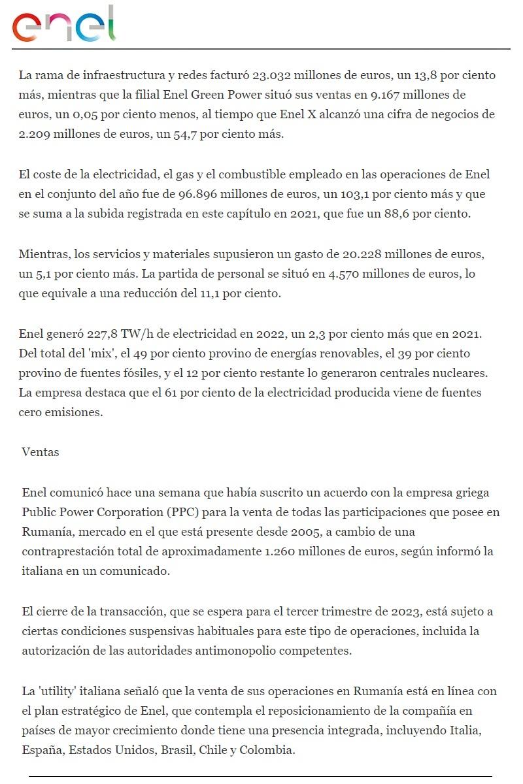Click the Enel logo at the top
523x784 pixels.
(64, 24)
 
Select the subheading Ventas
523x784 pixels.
(40, 451)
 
